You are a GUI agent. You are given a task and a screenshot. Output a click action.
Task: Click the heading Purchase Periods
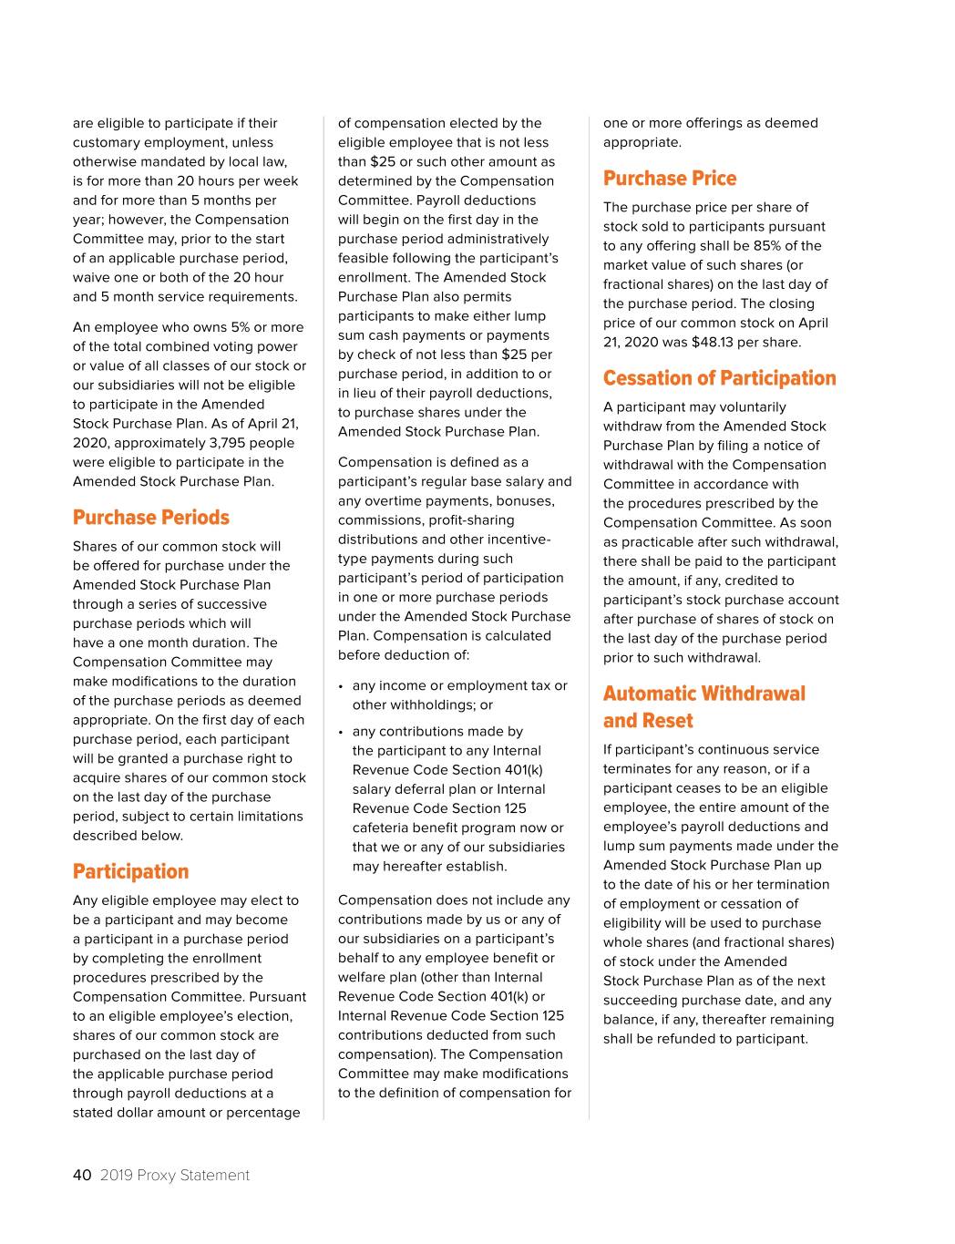[151, 518]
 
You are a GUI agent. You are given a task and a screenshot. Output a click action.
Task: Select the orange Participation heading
[130, 872]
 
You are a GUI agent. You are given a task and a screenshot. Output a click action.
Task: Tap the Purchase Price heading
[670, 179]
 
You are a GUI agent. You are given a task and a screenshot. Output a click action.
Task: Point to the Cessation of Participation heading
[719, 378]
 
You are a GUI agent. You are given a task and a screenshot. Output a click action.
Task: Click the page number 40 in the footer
[82, 1175]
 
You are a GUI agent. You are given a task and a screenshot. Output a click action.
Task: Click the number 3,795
[211, 443]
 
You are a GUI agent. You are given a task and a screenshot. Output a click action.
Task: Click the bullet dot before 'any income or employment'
[340, 686]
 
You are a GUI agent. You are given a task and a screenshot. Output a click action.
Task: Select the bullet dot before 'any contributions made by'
[340, 732]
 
